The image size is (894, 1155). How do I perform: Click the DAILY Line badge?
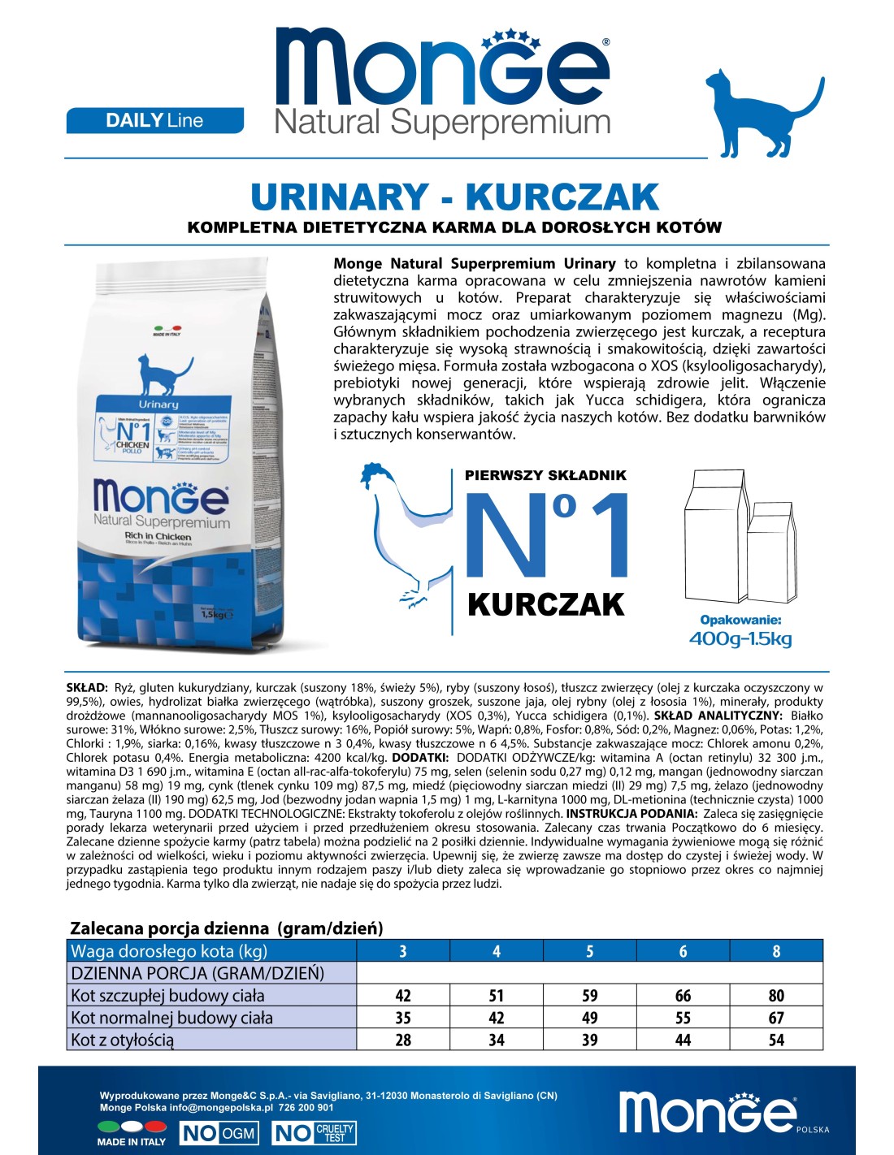pyautogui.click(x=154, y=120)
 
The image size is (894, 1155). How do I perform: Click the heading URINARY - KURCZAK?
pyautogui.click(x=454, y=197)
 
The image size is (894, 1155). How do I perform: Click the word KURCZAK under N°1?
pyautogui.click(x=545, y=605)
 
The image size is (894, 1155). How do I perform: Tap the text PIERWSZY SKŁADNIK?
pyautogui.click(x=545, y=475)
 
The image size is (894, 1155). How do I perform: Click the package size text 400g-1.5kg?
pyautogui.click(x=740, y=638)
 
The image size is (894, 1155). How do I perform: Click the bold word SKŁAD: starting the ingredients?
pyautogui.click(x=86, y=688)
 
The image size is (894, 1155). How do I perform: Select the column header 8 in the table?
pyautogui.click(x=776, y=951)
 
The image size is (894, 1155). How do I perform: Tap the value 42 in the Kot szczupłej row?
pyautogui.click(x=403, y=996)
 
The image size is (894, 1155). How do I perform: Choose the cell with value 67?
pyautogui.click(x=776, y=1018)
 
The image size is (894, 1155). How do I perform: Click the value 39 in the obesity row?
pyautogui.click(x=590, y=1040)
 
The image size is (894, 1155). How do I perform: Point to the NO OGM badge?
pyautogui.click(x=219, y=1133)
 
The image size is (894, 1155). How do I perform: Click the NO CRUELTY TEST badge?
pyautogui.click(x=315, y=1133)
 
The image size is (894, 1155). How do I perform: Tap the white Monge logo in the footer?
pyautogui.click(x=708, y=1112)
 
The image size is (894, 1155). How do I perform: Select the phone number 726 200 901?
pyautogui.click(x=306, y=1107)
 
